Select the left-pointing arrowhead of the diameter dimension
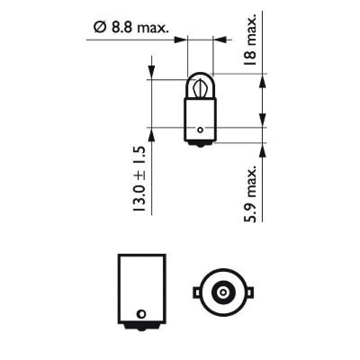coord(219,40)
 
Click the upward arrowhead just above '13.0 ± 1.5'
coord(152,134)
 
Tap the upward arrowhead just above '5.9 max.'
coord(262,150)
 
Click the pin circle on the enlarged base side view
coord(142,314)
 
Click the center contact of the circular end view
coord(222,292)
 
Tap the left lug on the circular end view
coord(197,292)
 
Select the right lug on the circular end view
coord(248,292)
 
